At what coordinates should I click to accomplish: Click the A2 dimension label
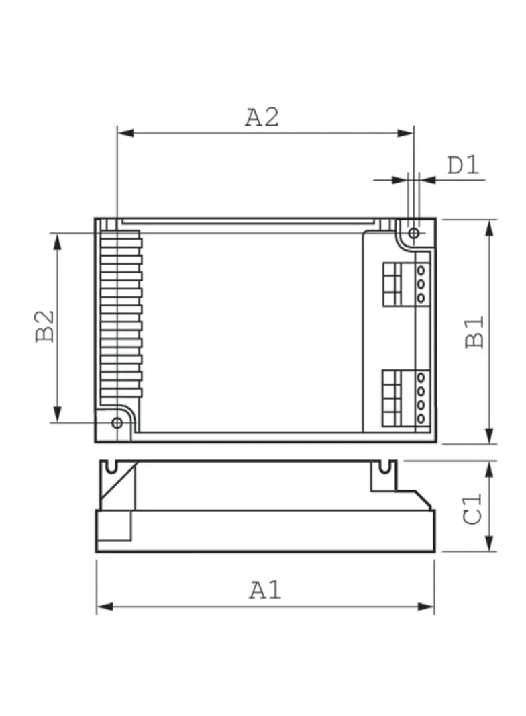[262, 117]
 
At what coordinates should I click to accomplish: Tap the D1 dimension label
[464, 165]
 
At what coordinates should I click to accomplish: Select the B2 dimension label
[46, 326]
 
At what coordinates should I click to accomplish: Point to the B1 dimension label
[476, 331]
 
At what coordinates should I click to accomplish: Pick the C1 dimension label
[474, 508]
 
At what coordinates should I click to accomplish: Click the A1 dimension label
[266, 590]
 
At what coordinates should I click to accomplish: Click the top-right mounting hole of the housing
[414, 233]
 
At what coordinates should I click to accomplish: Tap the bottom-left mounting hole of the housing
[117, 422]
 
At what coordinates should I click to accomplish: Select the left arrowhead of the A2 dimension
[124, 133]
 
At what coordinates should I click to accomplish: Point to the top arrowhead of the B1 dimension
[489, 227]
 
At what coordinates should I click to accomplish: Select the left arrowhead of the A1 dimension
[104, 607]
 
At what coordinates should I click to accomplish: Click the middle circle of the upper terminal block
[421, 283]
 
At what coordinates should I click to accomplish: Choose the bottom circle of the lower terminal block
[421, 419]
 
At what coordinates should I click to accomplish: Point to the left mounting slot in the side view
[110, 465]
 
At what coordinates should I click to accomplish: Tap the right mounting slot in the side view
[385, 465]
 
